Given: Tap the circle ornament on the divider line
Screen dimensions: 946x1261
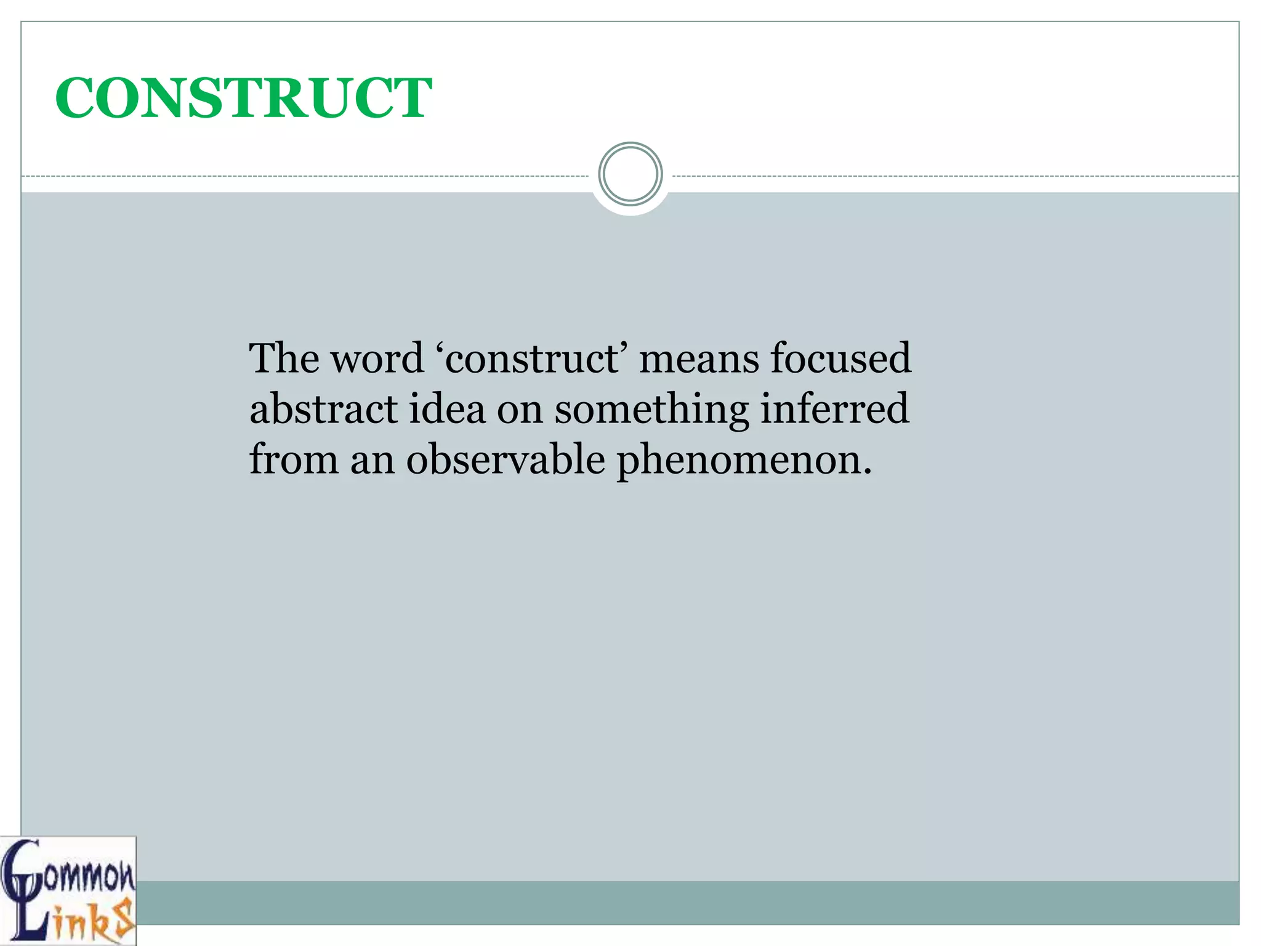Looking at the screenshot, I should point(630,174).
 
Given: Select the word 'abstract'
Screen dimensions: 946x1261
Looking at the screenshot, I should point(323,408).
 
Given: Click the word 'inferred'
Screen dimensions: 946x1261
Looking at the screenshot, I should point(834,408).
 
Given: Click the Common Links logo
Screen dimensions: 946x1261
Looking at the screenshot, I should point(68,890).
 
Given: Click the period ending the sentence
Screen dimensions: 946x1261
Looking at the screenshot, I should point(868,471).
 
